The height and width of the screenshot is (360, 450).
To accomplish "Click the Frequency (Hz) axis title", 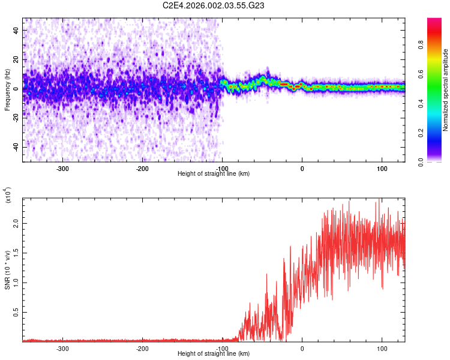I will point(7,90).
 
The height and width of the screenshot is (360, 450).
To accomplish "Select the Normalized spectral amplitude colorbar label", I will point(446,90).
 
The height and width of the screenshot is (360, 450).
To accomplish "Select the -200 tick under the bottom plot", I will point(142,348).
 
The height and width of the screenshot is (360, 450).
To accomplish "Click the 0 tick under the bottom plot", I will point(302,348).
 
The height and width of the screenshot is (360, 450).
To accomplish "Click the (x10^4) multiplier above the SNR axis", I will point(8,196).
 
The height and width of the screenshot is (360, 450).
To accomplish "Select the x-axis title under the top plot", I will point(214,173).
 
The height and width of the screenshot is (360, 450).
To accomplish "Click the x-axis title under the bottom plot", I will point(214,353).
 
